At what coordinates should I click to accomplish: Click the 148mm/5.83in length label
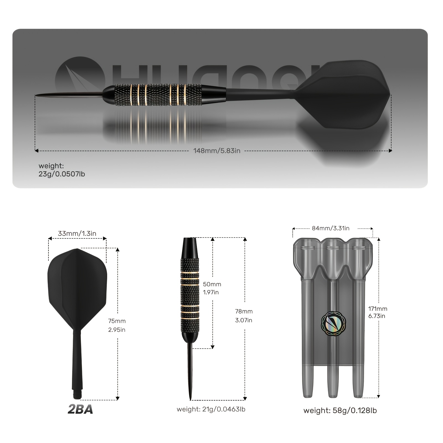(217, 151)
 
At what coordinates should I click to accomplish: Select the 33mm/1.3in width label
(77, 233)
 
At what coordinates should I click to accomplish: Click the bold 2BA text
(80, 409)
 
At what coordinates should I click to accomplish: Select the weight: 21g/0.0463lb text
(211, 409)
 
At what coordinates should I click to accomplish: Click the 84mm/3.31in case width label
(331, 228)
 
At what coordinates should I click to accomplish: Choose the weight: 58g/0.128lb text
(340, 410)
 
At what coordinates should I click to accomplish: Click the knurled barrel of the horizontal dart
(155, 95)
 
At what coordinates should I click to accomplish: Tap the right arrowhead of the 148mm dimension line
(390, 151)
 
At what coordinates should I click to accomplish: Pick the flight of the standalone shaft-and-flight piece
(77, 285)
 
